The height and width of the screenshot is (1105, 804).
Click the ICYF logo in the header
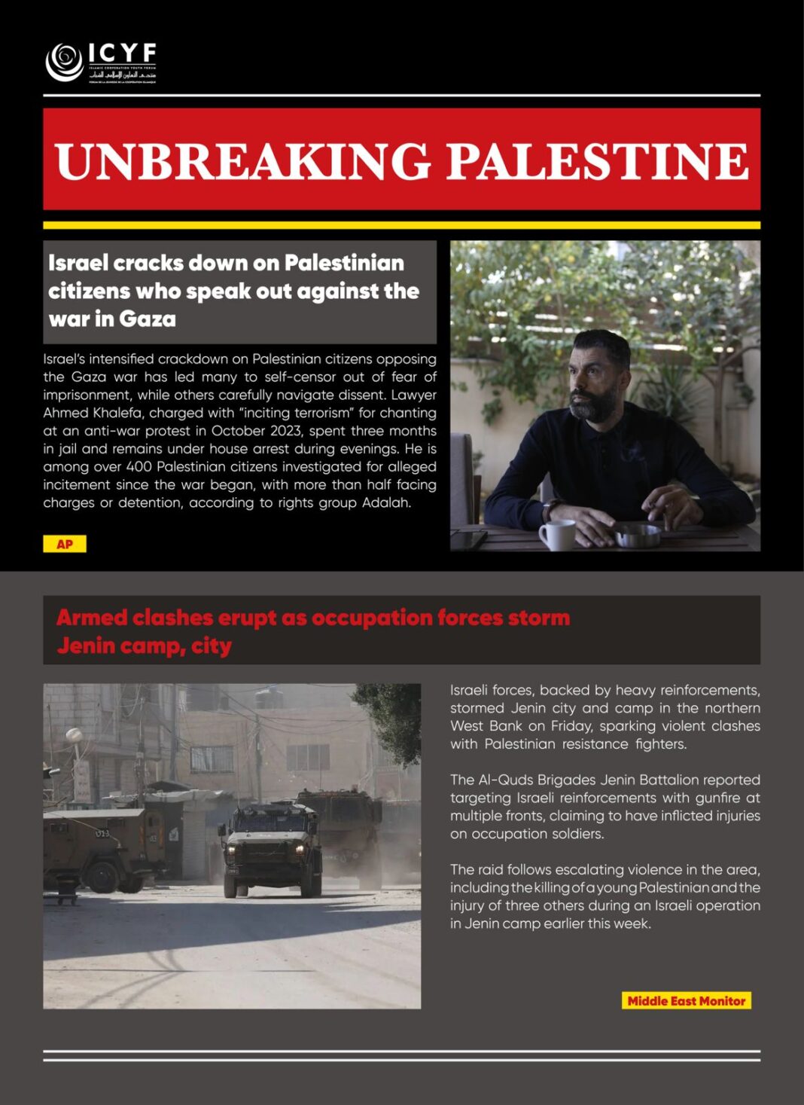pyautogui.click(x=101, y=63)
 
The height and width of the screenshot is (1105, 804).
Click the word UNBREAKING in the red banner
pyautogui.click(x=243, y=160)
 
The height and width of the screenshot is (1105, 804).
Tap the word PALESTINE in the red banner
pyautogui.click(x=598, y=160)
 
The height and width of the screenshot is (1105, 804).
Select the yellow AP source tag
pyautogui.click(x=65, y=544)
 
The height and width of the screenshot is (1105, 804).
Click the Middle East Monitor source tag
pyautogui.click(x=686, y=1001)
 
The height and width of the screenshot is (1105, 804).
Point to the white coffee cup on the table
pyautogui.click(x=557, y=534)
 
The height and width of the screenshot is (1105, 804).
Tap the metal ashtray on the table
pyautogui.click(x=638, y=536)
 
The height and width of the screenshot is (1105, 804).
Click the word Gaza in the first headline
pyautogui.click(x=148, y=319)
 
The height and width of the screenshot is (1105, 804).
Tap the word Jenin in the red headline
pyautogui.click(x=83, y=646)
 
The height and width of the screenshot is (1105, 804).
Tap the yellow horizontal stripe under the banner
pyautogui.click(x=401, y=225)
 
